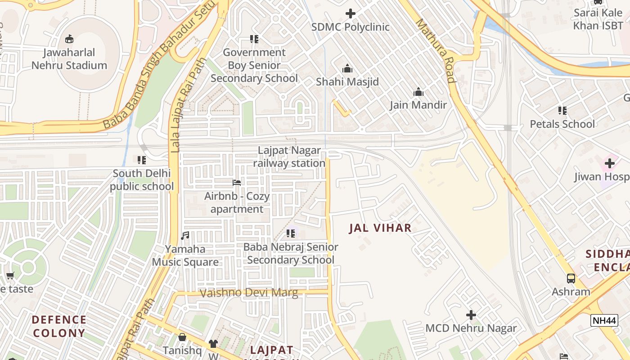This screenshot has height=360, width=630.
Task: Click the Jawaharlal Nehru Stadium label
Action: click(x=69, y=59)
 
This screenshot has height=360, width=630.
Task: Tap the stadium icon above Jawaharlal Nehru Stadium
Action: click(x=69, y=39)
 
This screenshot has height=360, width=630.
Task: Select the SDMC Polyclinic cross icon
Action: click(x=350, y=13)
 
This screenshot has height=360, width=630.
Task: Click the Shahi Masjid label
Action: click(x=347, y=82)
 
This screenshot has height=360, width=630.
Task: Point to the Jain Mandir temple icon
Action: click(x=418, y=92)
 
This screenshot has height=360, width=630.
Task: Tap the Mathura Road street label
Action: click(x=436, y=50)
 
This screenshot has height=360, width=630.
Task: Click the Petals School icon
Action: click(x=562, y=110)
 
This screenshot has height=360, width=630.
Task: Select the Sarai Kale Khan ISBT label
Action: click(x=598, y=19)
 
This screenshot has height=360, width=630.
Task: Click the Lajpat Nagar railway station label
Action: click(x=289, y=157)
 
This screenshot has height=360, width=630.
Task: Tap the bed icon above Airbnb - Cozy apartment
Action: click(x=237, y=183)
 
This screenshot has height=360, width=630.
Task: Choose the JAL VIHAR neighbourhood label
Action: click(x=380, y=228)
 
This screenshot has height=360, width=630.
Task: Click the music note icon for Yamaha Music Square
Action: click(x=185, y=236)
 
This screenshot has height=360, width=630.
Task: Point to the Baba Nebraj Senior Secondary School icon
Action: click(x=291, y=234)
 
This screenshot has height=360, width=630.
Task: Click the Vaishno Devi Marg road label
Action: click(x=248, y=293)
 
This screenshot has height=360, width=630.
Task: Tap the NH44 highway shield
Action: click(x=603, y=320)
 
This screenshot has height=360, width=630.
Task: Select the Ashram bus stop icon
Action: click(x=571, y=279)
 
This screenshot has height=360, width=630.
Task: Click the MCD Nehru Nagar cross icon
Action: click(x=471, y=315)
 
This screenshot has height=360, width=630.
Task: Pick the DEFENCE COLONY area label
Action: click(x=59, y=327)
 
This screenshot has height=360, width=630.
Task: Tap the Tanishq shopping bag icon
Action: click(x=182, y=337)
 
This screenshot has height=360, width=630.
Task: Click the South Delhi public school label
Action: click(x=142, y=180)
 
